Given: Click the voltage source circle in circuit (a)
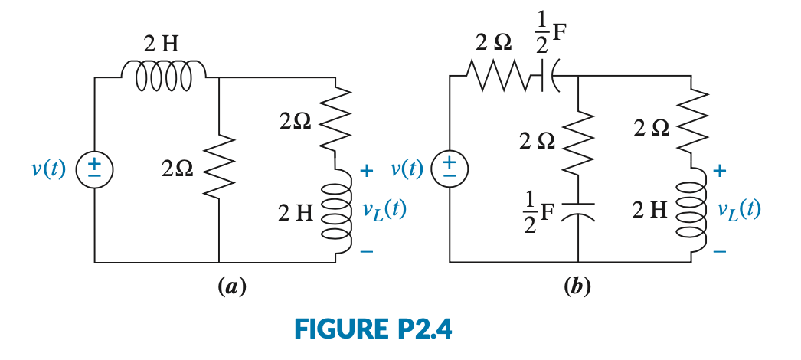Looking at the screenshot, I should click(95, 169).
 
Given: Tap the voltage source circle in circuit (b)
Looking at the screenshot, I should click(450, 169).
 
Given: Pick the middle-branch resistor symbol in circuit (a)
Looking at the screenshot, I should click(219, 169).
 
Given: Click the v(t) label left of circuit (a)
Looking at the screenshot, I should click(49, 169).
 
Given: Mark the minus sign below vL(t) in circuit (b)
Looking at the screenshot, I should click(719, 250).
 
